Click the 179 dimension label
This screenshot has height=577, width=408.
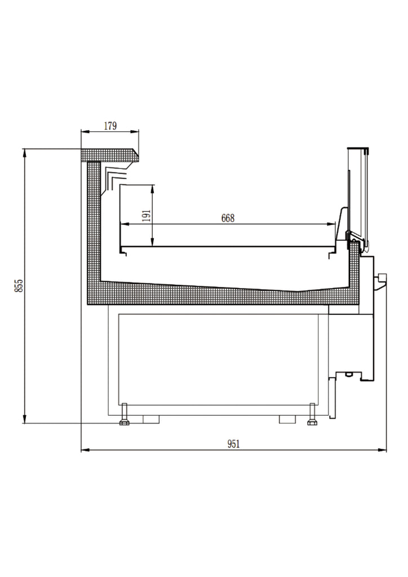(x=110, y=126)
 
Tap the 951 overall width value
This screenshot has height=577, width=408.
(x=234, y=444)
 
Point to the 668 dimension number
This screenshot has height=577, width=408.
(x=228, y=218)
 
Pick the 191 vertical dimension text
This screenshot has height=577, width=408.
(x=147, y=216)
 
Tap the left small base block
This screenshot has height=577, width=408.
(x=151, y=419)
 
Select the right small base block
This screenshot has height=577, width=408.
(x=287, y=419)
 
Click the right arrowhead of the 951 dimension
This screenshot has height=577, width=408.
(x=383, y=450)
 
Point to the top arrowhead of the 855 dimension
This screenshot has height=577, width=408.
(x=25, y=152)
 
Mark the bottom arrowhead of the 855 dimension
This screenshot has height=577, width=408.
(x=25, y=419)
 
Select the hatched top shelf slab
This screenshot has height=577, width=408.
(x=110, y=155)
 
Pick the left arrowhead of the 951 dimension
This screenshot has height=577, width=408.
(x=85, y=450)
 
